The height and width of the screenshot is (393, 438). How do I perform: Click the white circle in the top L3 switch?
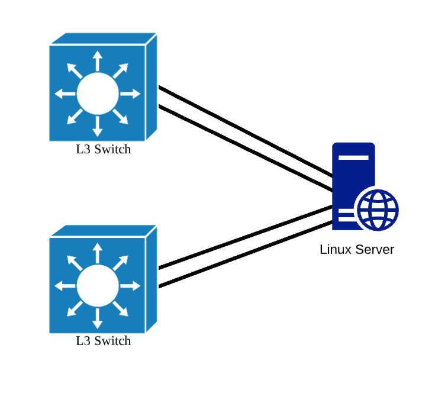point(98,94)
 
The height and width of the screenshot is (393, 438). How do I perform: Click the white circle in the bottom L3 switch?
point(98,286)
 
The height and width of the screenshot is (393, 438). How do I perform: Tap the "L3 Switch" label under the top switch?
point(103,149)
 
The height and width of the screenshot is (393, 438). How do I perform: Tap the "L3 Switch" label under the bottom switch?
point(103,341)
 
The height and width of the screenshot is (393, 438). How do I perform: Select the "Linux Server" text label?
point(356,249)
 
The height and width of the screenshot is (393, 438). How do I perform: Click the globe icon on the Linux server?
point(377,210)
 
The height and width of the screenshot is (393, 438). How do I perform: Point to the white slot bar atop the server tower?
point(353,157)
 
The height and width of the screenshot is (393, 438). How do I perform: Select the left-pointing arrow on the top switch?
point(65,94)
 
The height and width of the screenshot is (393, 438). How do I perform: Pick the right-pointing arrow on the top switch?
point(131,94)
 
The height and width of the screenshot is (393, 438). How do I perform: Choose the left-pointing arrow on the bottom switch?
point(65,286)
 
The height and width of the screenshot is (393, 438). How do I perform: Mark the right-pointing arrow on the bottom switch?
point(131,286)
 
